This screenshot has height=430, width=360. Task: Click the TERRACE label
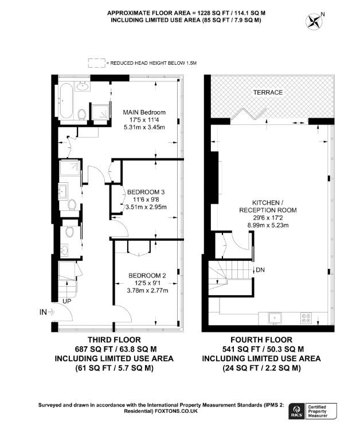[x=269, y=92]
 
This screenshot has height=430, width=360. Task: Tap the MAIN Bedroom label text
[x=144, y=112]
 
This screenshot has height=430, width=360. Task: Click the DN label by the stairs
[x=260, y=270]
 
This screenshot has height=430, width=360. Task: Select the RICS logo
[x=298, y=411]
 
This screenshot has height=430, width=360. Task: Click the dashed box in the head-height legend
[x=96, y=62]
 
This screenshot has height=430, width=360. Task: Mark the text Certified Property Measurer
[x=329, y=411]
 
